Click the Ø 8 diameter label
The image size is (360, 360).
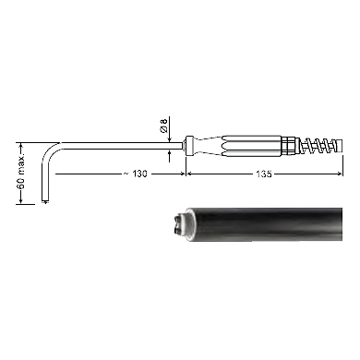coord(164,126)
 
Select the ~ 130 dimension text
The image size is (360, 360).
coord(136,174)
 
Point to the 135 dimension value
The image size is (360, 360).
coord(264,174)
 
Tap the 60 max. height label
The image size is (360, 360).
coord(21,172)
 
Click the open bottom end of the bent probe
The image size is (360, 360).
coord(45,201)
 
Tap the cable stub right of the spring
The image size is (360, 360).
coord(338,145)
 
